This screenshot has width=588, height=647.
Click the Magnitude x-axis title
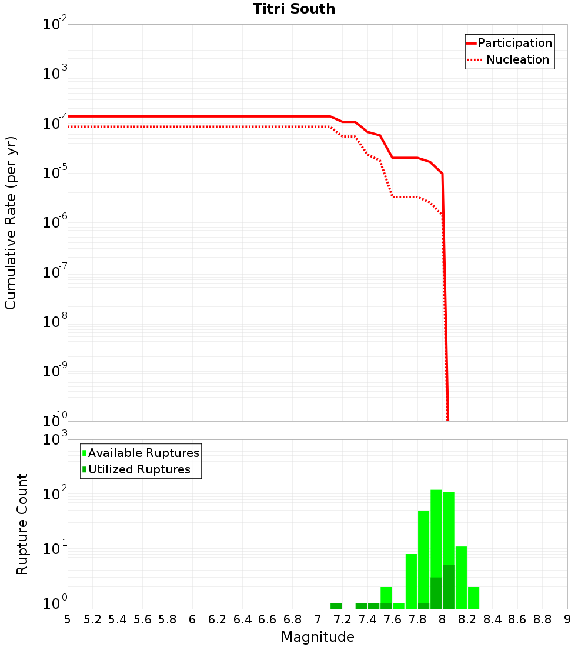(318, 637)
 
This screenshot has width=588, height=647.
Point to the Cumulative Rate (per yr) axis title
(11, 222)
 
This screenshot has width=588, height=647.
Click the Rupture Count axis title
(22, 523)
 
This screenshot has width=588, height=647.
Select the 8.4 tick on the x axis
(492, 619)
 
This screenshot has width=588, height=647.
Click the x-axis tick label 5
(68, 619)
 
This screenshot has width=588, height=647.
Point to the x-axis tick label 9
(567, 619)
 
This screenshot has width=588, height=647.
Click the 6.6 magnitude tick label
(268, 619)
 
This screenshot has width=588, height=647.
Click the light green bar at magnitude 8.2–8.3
(473, 598)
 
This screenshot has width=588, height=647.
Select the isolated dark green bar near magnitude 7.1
(336, 606)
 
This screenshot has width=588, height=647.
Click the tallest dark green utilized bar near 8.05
(449, 587)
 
